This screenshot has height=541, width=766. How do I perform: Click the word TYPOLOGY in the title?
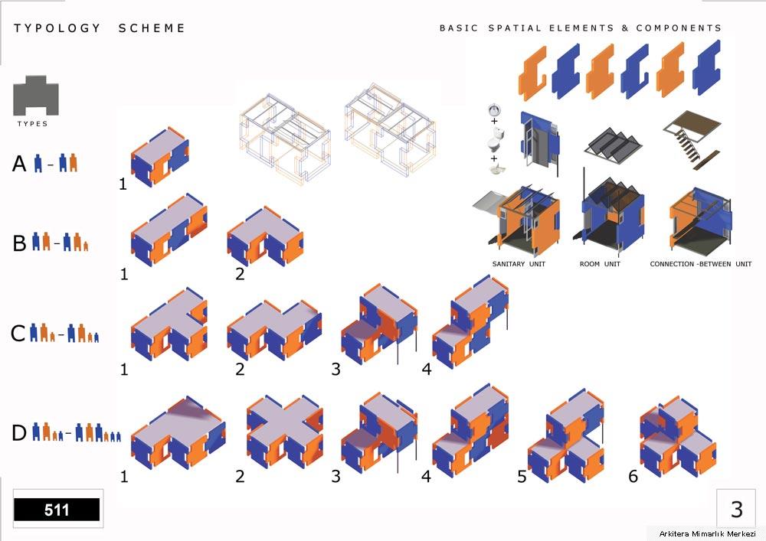tap(57, 28)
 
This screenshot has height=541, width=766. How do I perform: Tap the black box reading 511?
tap(57, 510)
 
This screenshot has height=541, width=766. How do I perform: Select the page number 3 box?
tap(737, 509)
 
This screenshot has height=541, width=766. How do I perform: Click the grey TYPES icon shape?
tap(36, 95)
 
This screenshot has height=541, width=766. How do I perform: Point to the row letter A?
tap(19, 164)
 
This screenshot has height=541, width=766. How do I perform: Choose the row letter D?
tap(18, 432)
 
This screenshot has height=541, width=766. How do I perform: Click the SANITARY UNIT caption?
tap(519, 264)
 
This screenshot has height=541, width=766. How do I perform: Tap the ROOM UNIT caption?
tap(600, 264)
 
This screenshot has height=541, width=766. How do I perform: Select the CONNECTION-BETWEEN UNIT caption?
tap(701, 264)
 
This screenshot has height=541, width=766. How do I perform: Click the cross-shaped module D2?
tap(284, 431)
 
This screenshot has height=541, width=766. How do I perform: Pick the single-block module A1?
tap(160, 157)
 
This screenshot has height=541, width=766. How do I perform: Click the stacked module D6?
tap(678, 436)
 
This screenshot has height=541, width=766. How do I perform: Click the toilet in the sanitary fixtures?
tap(496, 139)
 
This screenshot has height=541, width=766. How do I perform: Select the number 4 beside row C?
tap(427, 370)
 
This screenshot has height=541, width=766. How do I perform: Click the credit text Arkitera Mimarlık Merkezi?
tap(707, 533)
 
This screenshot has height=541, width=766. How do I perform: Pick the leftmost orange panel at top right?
tap(532, 73)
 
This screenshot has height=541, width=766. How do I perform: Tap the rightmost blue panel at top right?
tap(706, 67)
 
